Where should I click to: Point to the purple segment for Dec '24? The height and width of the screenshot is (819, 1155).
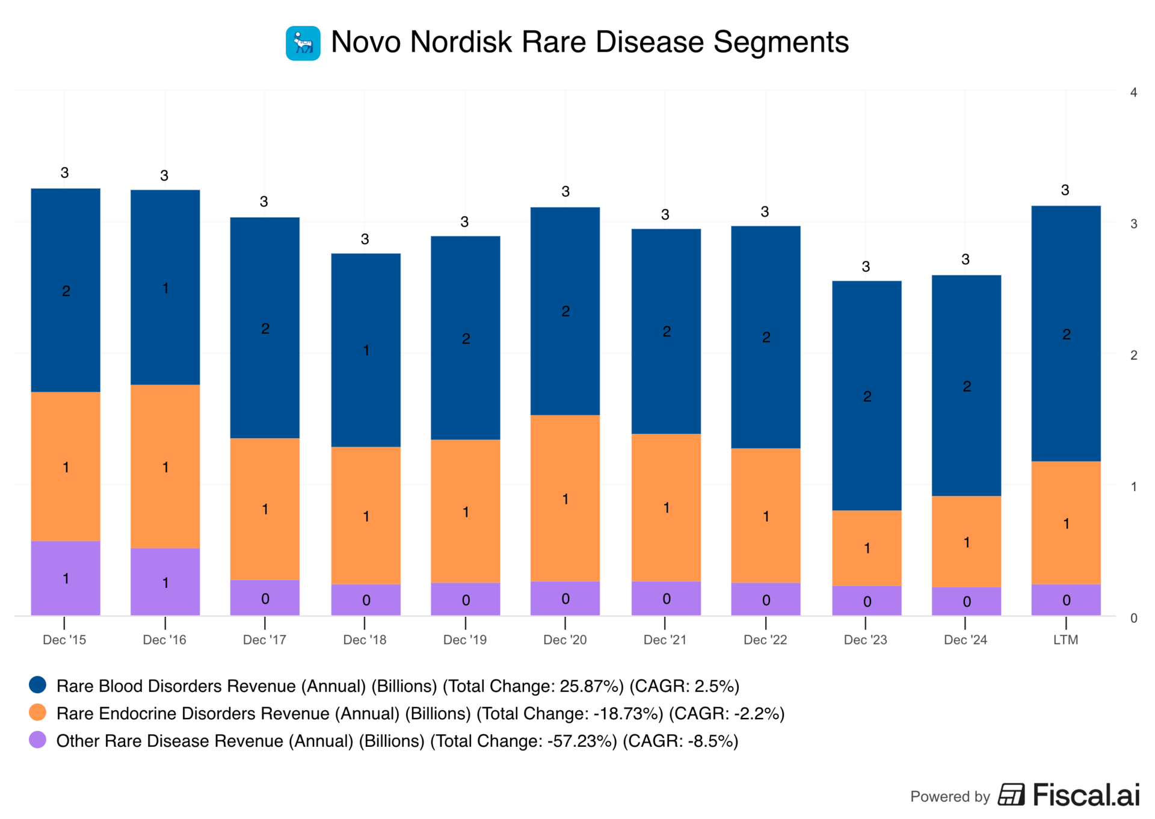tap(966, 601)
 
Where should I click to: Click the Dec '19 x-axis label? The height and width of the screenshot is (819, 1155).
tap(464, 640)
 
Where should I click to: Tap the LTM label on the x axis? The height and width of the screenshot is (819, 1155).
tap(1065, 640)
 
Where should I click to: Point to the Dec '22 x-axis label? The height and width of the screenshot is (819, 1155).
tap(765, 640)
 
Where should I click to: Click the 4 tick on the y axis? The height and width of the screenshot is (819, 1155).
tap(1133, 92)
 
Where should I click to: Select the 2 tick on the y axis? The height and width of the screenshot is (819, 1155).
tap(1133, 355)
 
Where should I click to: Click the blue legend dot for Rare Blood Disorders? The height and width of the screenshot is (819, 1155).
tap(38, 685)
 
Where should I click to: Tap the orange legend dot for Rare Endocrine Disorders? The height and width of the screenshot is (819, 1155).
tap(38, 712)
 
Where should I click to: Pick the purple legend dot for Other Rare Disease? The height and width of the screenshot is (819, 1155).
tap(38, 740)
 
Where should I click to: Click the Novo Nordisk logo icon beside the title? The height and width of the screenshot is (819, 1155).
tap(303, 43)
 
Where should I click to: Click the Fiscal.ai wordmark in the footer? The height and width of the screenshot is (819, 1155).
tap(1086, 795)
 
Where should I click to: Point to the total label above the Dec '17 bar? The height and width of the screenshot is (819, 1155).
tap(264, 202)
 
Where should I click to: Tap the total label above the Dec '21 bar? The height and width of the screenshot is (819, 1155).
tap(665, 214)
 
